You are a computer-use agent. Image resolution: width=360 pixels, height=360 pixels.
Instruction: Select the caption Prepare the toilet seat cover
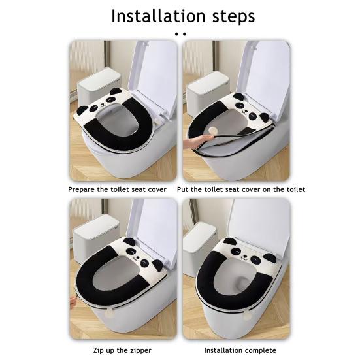118,189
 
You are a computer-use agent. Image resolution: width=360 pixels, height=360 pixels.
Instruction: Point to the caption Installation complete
240,350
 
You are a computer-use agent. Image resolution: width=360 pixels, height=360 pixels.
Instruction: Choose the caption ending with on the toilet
240,189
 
